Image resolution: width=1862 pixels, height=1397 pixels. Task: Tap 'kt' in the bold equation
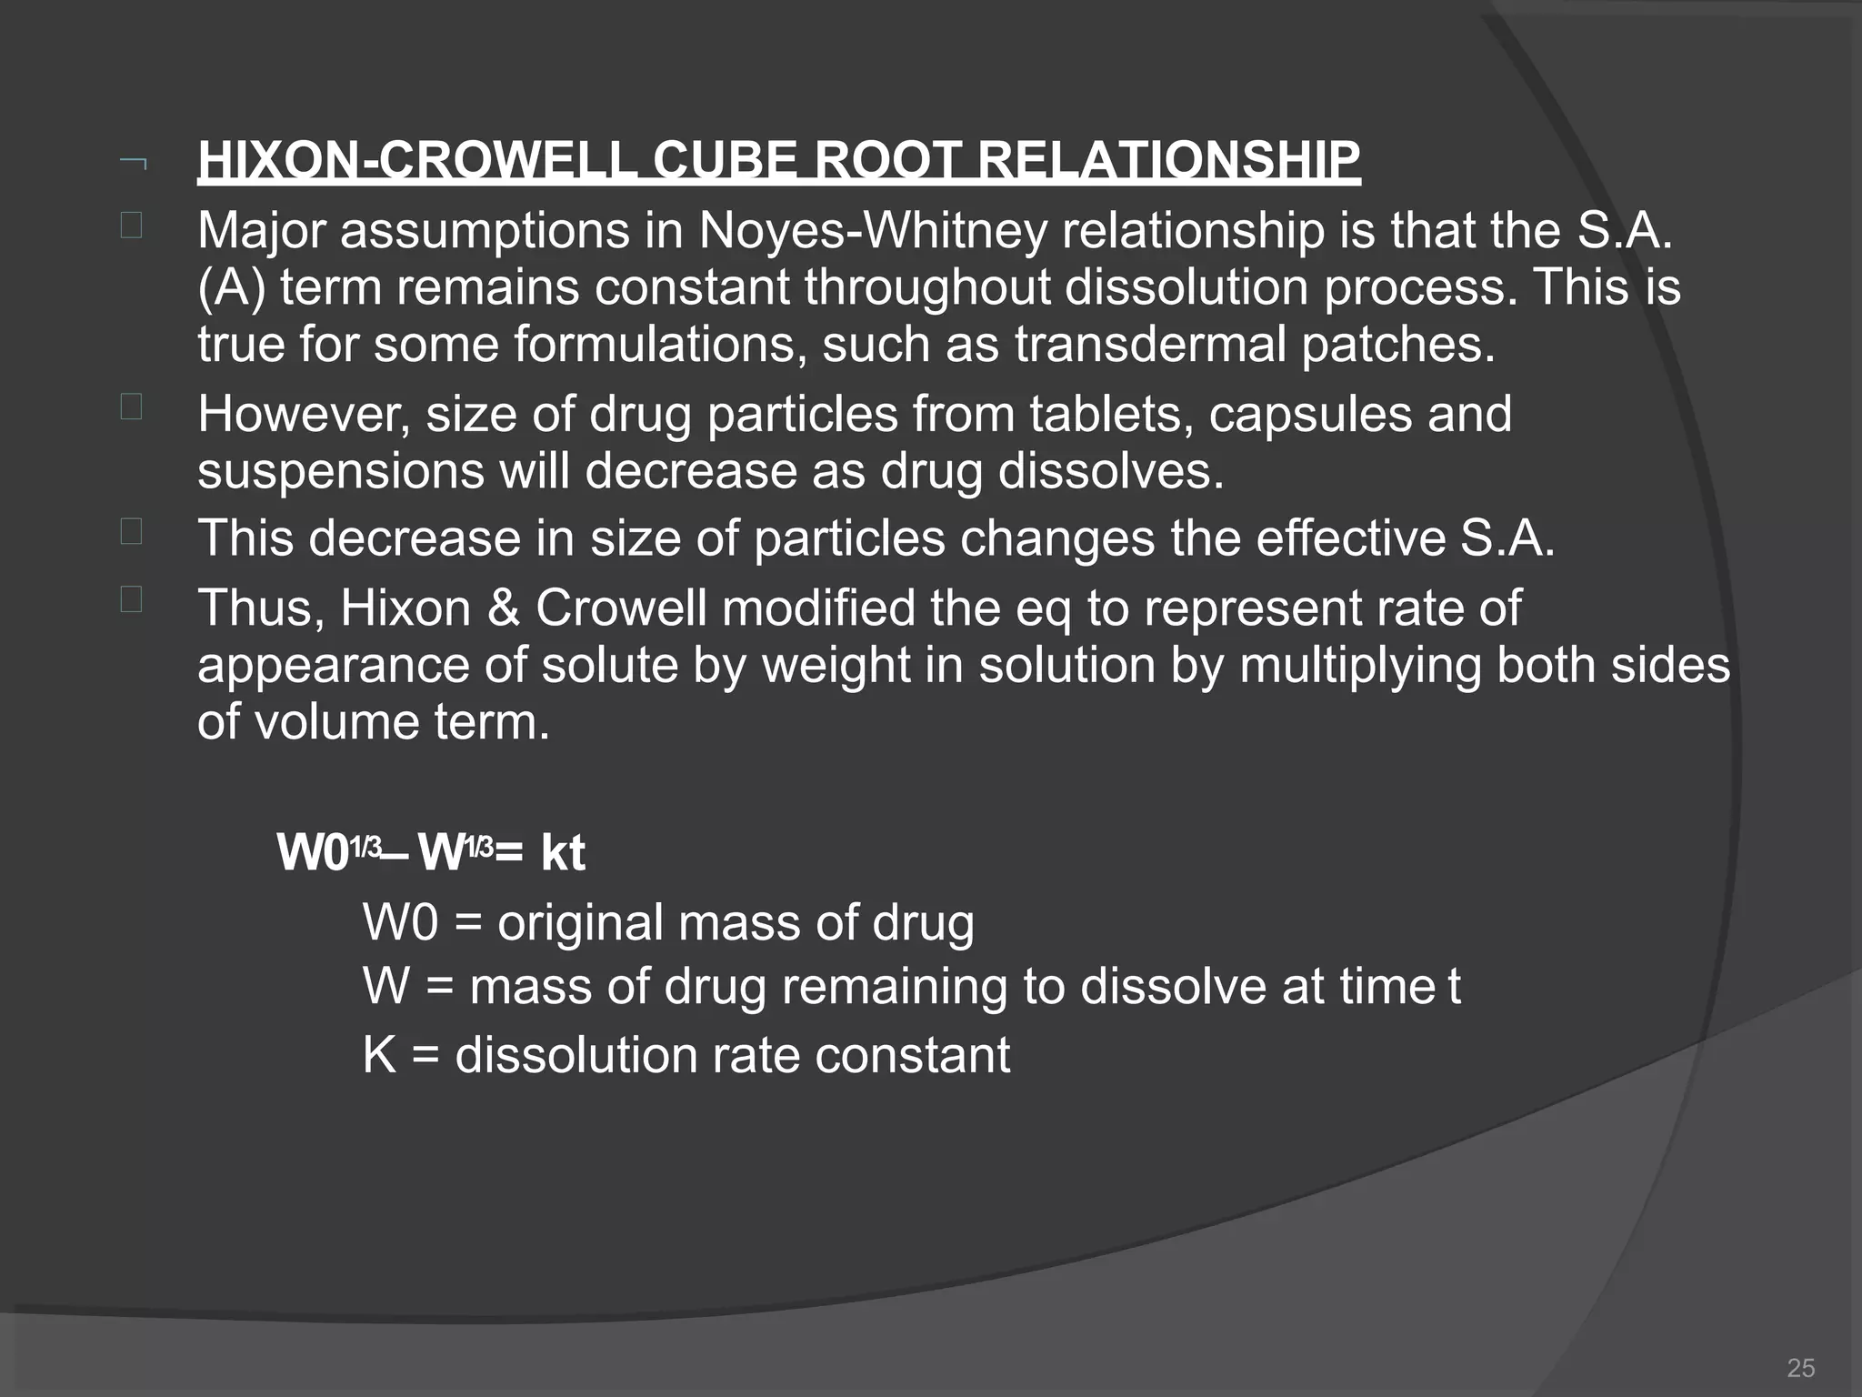(563, 853)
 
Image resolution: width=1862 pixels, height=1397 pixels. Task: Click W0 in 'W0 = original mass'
(400, 923)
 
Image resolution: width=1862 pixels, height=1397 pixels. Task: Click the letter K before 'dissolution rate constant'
(379, 1056)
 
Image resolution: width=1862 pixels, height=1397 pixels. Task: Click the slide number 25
(1800, 1368)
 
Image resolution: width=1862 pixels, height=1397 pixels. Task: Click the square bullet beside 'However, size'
(131, 407)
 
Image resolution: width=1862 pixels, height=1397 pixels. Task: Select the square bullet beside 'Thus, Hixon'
(131, 599)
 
